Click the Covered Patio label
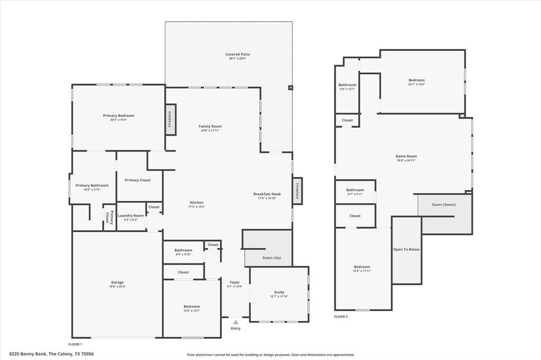pyautogui.click(x=237, y=54)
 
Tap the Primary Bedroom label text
pyautogui.click(x=118, y=116)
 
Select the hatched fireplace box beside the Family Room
pyautogui.click(x=170, y=119)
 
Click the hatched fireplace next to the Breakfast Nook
pyautogui.click(x=297, y=190)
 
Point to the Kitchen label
pyautogui.click(x=197, y=203)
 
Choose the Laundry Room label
pyautogui.click(x=130, y=215)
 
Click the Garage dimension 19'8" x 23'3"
pyautogui.click(x=117, y=287)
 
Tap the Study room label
pyautogui.click(x=279, y=292)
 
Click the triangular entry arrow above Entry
pyautogui.click(x=236, y=322)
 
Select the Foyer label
pyautogui.click(x=235, y=282)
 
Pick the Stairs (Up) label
pyautogui.click(x=272, y=258)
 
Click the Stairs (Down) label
pyautogui.click(x=444, y=204)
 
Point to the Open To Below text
pyautogui.click(x=406, y=249)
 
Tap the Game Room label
pyautogui.click(x=406, y=156)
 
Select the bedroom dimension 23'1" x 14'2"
pyautogui.click(x=416, y=84)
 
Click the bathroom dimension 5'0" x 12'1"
pyautogui.click(x=347, y=89)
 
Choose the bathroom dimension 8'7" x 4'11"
pyautogui.click(x=355, y=194)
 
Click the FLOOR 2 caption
pyautogui.click(x=341, y=317)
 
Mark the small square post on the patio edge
pyautogui.click(x=290, y=88)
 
